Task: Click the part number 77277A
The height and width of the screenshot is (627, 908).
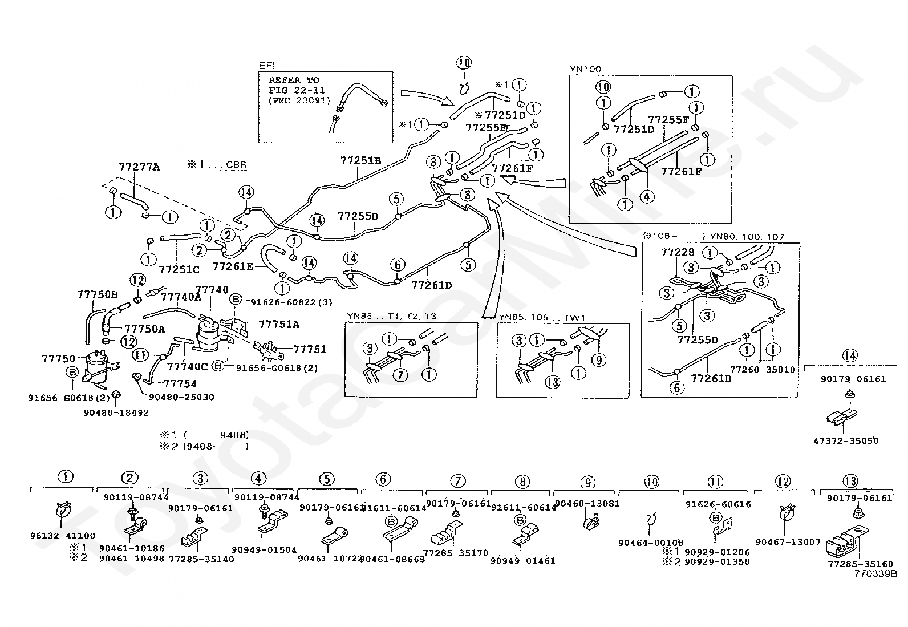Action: pyautogui.click(x=139, y=167)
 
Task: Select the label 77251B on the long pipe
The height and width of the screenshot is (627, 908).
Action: pyautogui.click(x=360, y=160)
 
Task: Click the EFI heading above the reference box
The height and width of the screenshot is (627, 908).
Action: pyautogui.click(x=266, y=66)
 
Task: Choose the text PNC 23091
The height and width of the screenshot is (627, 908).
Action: pyautogui.click(x=299, y=100)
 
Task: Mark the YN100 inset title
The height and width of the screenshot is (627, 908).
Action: pyautogui.click(x=585, y=70)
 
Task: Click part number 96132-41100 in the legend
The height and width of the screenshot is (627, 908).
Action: pyautogui.click(x=63, y=536)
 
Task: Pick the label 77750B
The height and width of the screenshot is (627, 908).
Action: pyautogui.click(x=97, y=294)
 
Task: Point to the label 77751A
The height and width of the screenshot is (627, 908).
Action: pyautogui.click(x=279, y=324)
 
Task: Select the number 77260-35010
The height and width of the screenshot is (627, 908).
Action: pyautogui.click(x=762, y=369)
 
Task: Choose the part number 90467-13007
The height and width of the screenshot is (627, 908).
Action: pyautogui.click(x=788, y=542)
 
